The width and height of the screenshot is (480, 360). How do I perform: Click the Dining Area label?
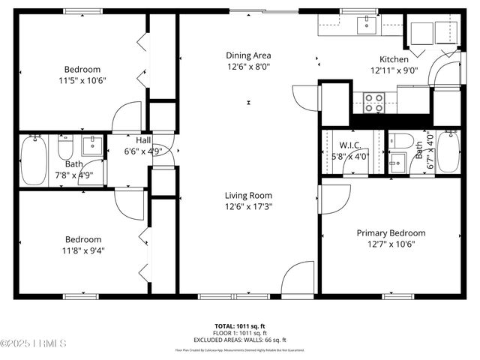point(248,55)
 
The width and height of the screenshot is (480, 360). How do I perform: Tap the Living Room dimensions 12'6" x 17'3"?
point(248,206)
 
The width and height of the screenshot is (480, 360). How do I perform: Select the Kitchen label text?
point(394,59)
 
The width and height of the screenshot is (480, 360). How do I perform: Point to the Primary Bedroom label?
point(390,232)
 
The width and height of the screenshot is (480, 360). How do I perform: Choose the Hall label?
point(142,140)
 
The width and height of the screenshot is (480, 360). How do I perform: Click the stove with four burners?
point(373,102)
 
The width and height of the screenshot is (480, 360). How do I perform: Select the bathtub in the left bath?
point(33,160)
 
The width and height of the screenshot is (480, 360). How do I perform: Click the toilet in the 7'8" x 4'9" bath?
point(65,148)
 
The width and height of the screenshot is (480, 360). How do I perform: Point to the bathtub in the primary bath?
point(448,152)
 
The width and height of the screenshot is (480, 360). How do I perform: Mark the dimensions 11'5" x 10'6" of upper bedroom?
point(82,80)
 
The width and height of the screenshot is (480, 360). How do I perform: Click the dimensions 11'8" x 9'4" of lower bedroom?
point(82,250)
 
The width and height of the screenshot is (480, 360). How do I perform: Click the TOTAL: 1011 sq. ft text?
point(240,325)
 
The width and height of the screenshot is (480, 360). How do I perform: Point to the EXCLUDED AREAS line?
point(240,340)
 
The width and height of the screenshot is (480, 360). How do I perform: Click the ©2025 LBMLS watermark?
point(34,344)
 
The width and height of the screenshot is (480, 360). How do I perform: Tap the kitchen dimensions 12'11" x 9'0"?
point(394,70)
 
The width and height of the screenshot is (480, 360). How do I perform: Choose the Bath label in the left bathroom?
point(73,163)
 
